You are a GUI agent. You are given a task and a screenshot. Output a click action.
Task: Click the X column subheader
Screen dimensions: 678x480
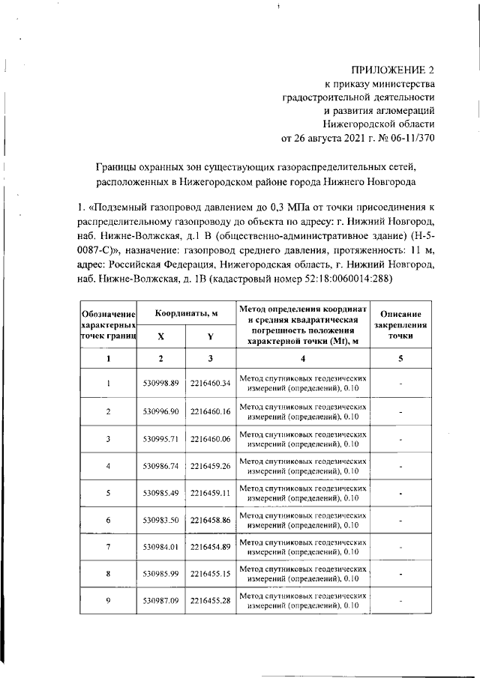(162, 336)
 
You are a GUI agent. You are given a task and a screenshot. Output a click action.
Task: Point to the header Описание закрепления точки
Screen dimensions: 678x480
(400, 325)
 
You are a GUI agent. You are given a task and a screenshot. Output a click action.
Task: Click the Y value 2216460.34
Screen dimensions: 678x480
(210, 384)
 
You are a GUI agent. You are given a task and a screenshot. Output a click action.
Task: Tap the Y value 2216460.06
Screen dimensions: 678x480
(210, 439)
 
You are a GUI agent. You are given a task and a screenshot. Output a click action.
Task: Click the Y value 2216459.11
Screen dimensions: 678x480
(210, 493)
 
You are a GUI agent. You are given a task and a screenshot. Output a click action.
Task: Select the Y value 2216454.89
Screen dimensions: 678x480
(210, 547)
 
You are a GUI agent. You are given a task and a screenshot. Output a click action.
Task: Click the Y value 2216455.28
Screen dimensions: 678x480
(210, 601)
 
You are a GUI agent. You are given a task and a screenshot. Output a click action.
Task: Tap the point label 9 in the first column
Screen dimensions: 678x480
(109, 601)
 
